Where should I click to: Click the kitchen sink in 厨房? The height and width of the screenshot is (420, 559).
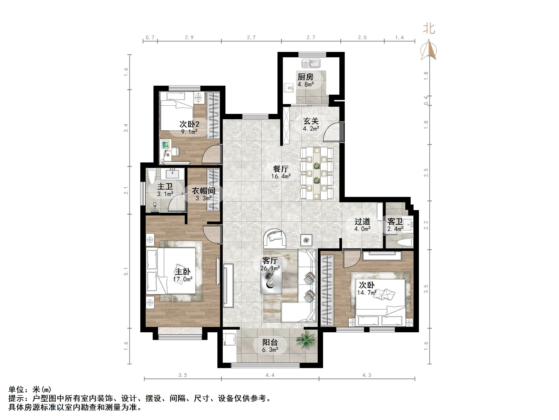[x=311, y=64]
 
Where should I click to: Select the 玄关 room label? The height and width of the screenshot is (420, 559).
[x=311, y=121]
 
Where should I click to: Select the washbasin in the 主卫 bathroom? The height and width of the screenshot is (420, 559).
[x=172, y=174]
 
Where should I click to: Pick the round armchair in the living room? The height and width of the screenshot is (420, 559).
[x=275, y=239]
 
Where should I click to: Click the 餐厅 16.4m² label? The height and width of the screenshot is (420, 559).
[x=281, y=172]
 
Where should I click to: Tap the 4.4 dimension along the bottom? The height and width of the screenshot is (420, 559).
[x=270, y=375]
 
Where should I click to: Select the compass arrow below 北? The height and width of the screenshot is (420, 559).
[x=429, y=50]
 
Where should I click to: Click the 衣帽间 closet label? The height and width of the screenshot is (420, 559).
[x=204, y=191]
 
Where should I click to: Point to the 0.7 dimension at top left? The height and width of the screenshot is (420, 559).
[x=150, y=38]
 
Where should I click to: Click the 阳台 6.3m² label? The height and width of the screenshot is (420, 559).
[x=270, y=346]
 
